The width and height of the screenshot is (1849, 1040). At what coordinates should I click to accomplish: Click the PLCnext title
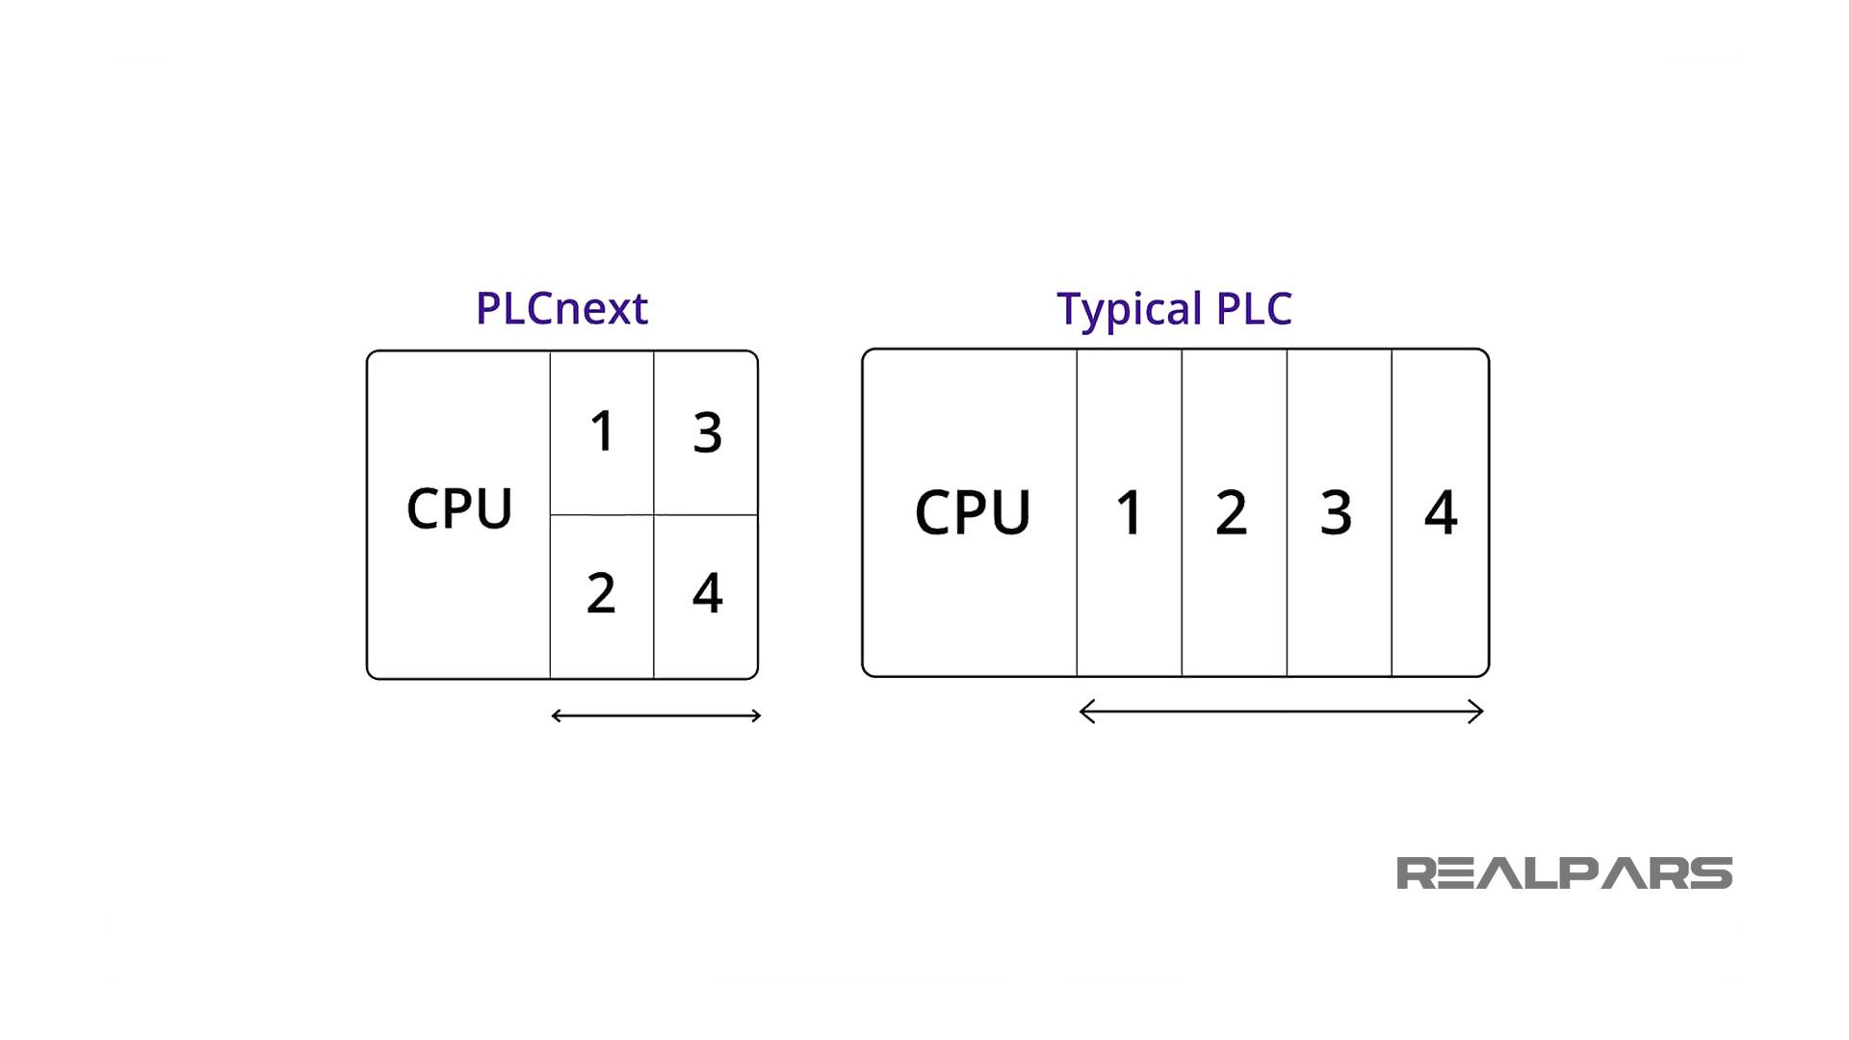561,309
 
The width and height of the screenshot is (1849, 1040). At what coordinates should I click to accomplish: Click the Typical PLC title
1174,309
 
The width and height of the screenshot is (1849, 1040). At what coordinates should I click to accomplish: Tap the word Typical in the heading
1130,310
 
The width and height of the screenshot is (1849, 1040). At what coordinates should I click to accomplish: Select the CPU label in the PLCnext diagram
459,508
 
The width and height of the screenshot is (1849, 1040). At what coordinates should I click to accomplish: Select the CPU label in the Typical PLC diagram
972,512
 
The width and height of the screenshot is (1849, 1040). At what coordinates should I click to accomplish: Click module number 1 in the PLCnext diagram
602,430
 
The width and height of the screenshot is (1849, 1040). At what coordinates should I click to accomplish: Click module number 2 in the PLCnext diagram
601,593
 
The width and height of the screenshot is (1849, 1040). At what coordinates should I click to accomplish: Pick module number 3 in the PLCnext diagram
708,432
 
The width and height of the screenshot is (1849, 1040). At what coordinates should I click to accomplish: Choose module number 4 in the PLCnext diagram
708,593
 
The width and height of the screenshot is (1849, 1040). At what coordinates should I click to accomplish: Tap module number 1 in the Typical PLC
1129,512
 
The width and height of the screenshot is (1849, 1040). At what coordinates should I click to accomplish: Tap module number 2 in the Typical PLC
1232,512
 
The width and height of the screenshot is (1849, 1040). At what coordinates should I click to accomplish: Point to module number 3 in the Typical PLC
1337,512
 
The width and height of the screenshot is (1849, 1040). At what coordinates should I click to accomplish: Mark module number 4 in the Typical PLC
1441,512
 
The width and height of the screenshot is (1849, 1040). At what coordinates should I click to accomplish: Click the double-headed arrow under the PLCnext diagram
656,715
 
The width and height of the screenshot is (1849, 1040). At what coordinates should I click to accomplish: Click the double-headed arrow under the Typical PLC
1281,712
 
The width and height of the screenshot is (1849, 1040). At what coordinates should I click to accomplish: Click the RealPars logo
1564,873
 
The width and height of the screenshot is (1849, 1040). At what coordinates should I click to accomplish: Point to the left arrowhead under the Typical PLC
1085,712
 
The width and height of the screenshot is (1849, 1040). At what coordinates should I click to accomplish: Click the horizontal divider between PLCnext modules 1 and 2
602,514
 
